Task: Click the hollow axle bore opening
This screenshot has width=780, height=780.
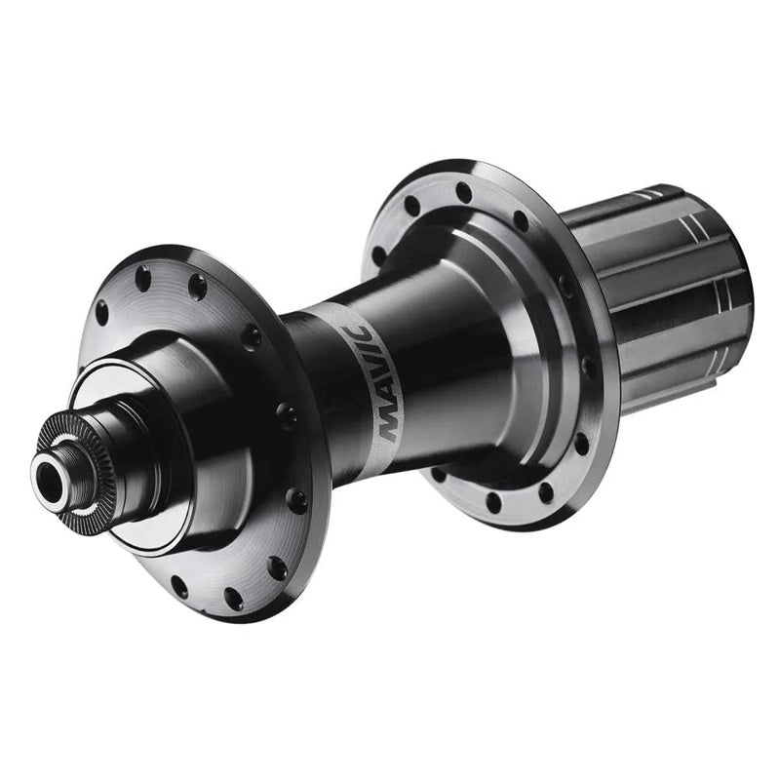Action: [x=49, y=479]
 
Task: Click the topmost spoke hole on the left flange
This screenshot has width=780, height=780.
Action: [x=142, y=278]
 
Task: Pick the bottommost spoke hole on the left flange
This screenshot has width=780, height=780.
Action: [x=233, y=599]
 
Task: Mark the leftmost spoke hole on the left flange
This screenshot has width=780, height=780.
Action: [x=101, y=313]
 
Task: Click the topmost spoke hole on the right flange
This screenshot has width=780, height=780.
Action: [x=464, y=192]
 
